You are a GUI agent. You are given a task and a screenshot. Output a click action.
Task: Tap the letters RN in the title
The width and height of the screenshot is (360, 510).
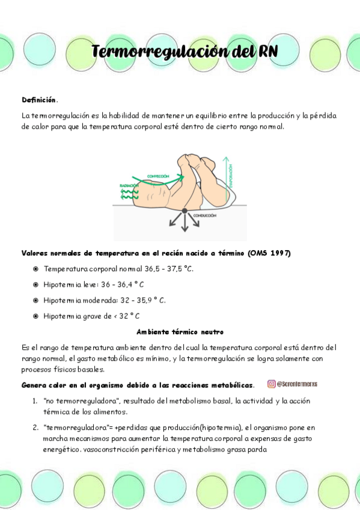267,52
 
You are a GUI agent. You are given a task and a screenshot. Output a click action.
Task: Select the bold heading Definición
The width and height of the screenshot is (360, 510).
39,99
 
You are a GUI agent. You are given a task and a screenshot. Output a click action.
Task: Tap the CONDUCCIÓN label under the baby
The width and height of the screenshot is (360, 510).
205,215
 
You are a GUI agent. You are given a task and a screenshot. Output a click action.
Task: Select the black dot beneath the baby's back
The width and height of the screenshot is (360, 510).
185,213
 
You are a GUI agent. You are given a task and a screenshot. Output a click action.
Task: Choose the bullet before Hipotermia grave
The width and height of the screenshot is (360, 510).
36,315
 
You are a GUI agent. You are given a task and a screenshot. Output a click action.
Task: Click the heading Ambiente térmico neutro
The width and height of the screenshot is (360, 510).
180,331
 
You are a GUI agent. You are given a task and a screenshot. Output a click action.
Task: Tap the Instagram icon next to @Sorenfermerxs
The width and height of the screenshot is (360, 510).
272,384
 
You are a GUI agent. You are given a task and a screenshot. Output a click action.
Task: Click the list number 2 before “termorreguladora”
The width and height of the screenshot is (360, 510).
35,428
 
